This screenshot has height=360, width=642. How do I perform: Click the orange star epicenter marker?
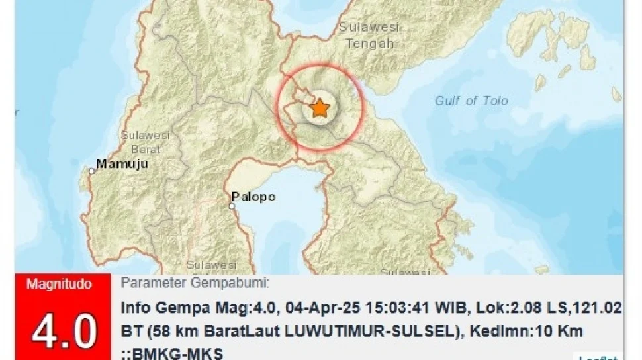(x=320, y=107)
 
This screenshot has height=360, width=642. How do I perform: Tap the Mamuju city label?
(x=122, y=163)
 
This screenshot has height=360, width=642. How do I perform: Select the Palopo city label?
(x=253, y=197)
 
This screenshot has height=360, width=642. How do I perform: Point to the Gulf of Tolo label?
(x=471, y=101)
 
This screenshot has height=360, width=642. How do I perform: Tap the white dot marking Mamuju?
(x=93, y=171)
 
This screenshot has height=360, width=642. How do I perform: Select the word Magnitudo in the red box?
(x=59, y=285)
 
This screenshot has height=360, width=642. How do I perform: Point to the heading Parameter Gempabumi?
(x=195, y=283)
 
